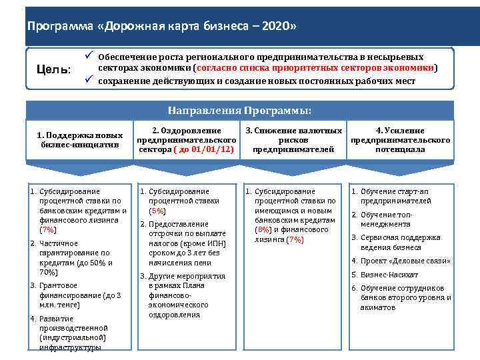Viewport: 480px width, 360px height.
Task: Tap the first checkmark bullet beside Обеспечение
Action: (89, 57)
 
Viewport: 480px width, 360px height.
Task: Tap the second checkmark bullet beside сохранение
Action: (89, 81)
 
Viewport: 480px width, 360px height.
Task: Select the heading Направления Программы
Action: (239, 110)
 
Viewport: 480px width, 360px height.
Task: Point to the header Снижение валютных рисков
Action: (293, 140)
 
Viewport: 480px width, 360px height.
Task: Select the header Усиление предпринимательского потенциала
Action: (400, 140)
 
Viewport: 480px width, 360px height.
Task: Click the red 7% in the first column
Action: (48, 229)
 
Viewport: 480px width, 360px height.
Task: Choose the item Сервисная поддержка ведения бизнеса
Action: (400, 241)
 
